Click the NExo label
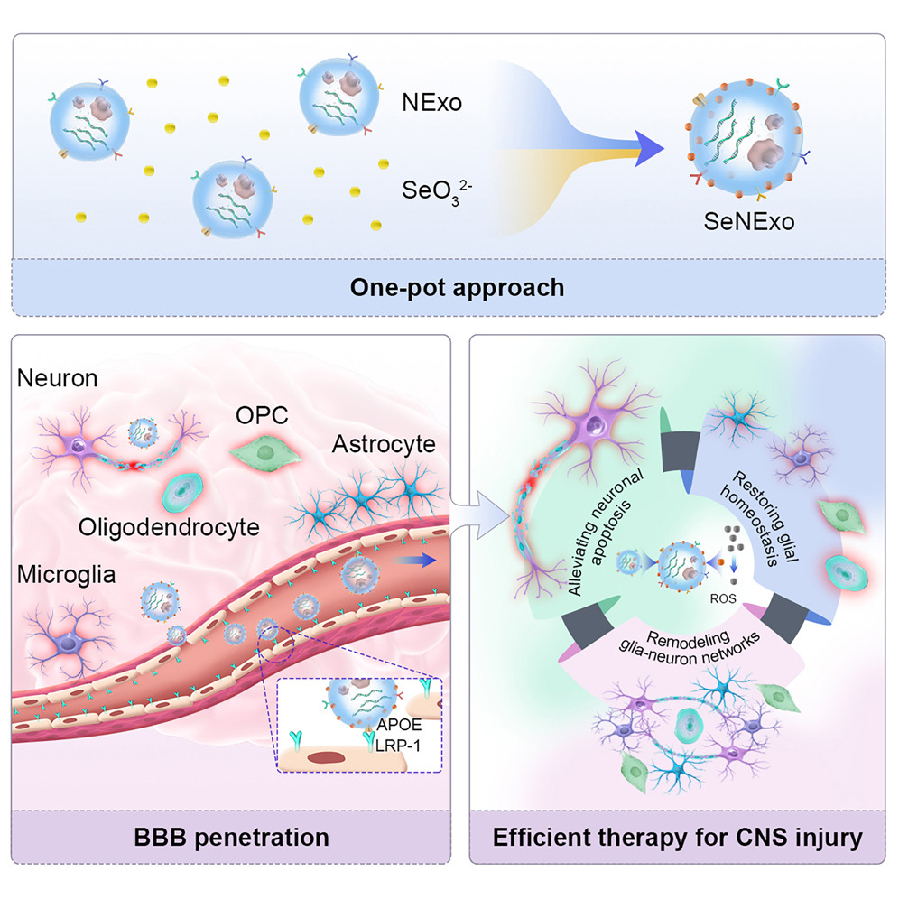pyautogui.click(x=431, y=103)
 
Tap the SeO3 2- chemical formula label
pyautogui.click(x=432, y=191)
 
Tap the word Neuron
pyautogui.click(x=56, y=379)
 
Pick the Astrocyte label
pyautogui.click(x=384, y=444)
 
